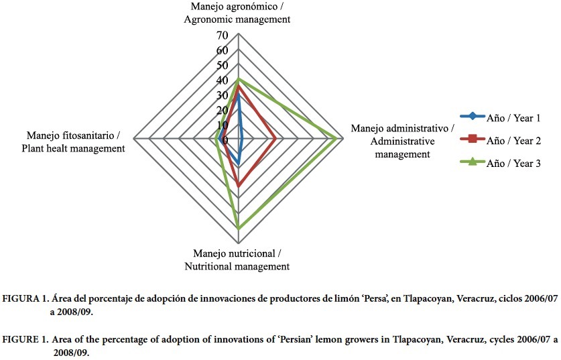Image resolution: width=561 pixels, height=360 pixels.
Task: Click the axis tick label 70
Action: click(x=222, y=35)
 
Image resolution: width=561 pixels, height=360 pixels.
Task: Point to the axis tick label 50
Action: click(x=222, y=65)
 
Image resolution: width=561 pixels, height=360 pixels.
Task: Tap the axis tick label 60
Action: click(x=222, y=50)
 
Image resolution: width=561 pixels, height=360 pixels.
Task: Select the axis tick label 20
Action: click(x=222, y=110)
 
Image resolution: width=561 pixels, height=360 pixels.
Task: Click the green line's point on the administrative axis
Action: click(x=336, y=139)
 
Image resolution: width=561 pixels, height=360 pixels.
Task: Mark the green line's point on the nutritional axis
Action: click(x=239, y=229)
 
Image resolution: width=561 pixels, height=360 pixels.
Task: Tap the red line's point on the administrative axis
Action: click(x=275, y=139)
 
